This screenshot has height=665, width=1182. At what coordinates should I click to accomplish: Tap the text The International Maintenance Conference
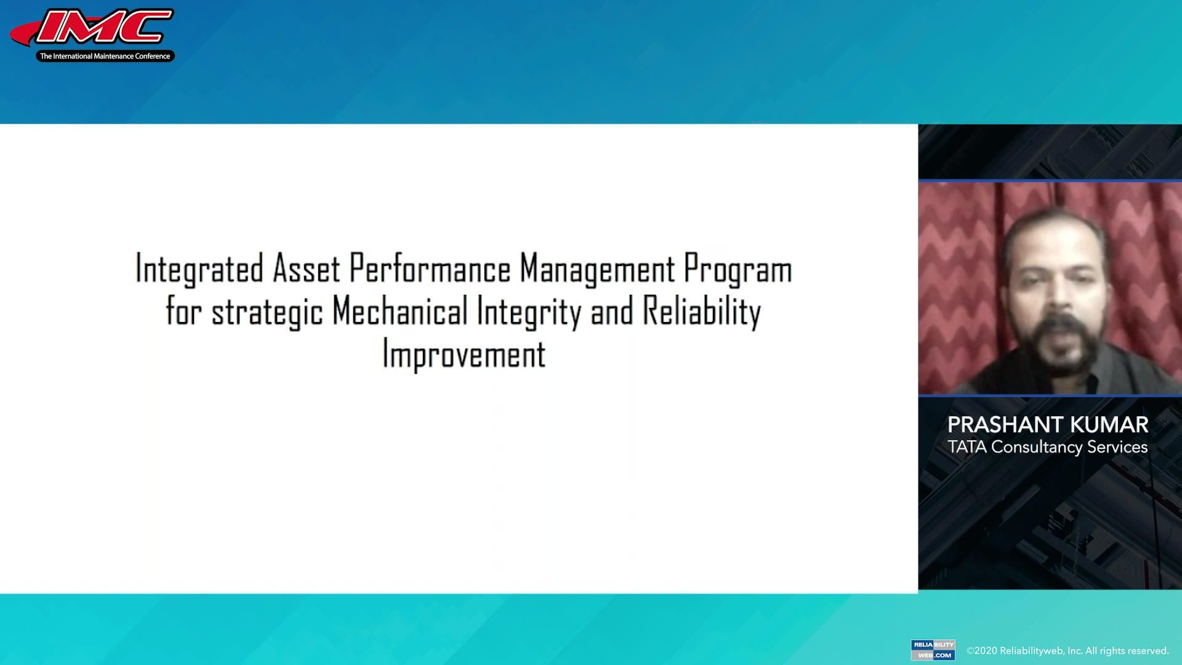[105, 56]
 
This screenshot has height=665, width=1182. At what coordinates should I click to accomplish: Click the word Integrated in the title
[199, 270]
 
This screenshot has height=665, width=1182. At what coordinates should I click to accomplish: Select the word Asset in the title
[306, 270]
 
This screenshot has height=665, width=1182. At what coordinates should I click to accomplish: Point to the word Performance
[430, 270]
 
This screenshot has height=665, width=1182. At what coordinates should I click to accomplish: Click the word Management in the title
[597, 270]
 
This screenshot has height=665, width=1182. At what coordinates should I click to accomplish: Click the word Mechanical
[400, 312]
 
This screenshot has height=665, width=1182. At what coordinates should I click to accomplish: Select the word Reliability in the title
[702, 312]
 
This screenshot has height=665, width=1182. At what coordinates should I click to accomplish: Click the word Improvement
[464, 355]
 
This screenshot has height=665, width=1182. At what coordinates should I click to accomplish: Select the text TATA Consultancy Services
[1047, 447]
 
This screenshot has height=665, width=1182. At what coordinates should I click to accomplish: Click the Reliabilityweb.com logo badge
[933, 650]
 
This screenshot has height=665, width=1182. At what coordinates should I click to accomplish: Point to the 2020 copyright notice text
[1067, 651]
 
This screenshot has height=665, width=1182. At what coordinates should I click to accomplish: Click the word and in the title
[611, 312]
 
